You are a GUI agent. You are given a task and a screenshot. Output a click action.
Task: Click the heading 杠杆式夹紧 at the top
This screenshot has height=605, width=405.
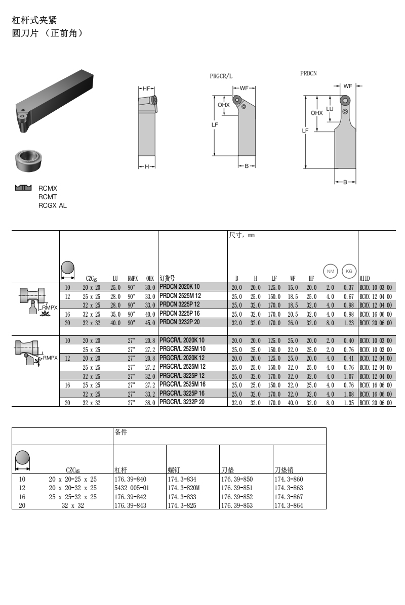tap(34, 20)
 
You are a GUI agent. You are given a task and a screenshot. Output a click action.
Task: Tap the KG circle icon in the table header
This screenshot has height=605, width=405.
tap(349, 271)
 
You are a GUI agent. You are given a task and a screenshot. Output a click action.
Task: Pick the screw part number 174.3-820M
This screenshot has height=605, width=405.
tap(184, 488)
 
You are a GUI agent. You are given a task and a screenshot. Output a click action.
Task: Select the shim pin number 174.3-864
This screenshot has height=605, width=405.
tap(289, 506)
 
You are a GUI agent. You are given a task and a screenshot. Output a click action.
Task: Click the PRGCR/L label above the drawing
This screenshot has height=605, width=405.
tap(221, 76)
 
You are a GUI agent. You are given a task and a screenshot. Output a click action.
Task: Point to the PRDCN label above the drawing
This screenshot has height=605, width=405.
tap(308, 73)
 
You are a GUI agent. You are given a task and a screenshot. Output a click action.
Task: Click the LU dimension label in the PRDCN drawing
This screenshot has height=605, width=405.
tap(330, 109)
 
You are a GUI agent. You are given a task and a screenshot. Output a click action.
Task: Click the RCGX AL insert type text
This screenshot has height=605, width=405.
tap(53, 205)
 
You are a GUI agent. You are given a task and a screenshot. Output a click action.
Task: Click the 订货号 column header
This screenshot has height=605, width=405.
tap(168, 278)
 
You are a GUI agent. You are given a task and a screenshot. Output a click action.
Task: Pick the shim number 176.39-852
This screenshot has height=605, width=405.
tap(236, 497)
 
